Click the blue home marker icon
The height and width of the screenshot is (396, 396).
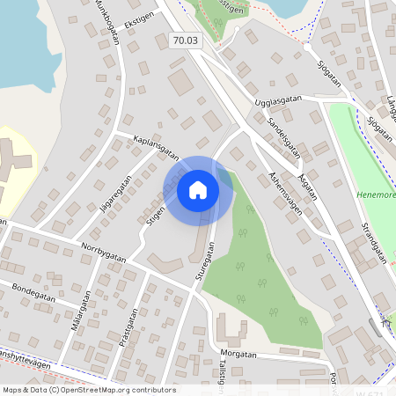(198, 189)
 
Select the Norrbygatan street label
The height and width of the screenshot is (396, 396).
(99, 248)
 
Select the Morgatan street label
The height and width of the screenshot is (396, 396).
(238, 355)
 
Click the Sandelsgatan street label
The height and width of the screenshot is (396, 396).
(284, 136)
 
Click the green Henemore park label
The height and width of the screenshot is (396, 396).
(377, 194)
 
